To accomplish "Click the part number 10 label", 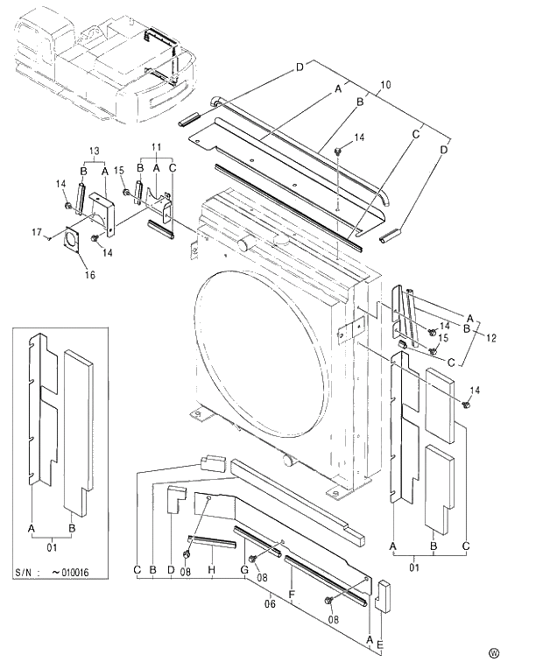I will pos(385,85).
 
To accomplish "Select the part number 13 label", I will pos(95,151).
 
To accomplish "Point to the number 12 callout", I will pos(490,337).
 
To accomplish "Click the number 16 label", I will pos(89,275).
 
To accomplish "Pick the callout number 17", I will pos(38,232).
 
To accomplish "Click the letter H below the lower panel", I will pos(212,571).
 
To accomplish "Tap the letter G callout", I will pos(244,571).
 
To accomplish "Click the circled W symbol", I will pos(494,651).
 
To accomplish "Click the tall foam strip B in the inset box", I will pos(80,429).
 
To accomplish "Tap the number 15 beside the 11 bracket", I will pos(120,168).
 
